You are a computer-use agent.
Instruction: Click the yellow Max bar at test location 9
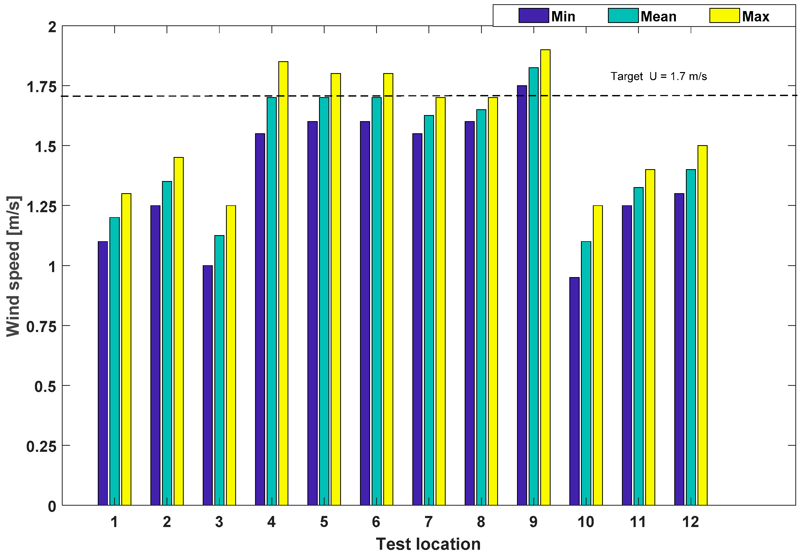(x=545, y=278)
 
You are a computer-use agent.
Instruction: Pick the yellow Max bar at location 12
(x=702, y=325)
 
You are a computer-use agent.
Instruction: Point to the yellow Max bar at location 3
(x=231, y=355)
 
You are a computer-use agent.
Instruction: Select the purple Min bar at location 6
(x=365, y=313)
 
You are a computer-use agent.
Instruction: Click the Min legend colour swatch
(x=533, y=16)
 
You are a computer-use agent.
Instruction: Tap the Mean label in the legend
(x=658, y=16)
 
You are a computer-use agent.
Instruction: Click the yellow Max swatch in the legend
(x=724, y=16)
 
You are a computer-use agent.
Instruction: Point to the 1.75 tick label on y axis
(x=41, y=87)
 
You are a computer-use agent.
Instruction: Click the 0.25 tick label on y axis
(x=41, y=447)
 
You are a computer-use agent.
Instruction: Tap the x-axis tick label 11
(x=638, y=522)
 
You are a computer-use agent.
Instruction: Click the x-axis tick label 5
(x=324, y=522)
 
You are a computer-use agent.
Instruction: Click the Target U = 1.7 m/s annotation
(x=658, y=76)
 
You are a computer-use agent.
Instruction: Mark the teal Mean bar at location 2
(x=167, y=343)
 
